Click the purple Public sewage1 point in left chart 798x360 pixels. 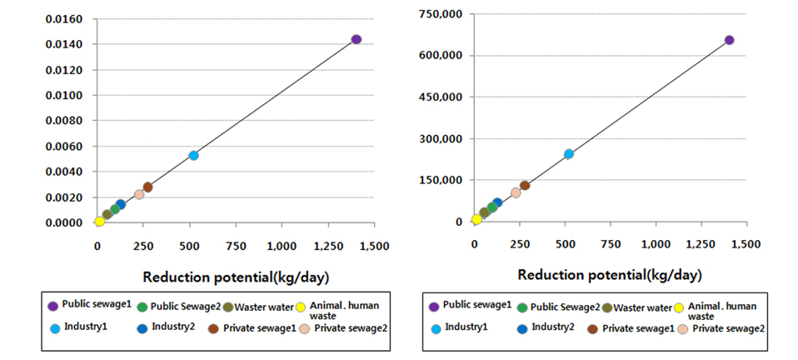356,39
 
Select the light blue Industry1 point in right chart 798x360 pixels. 569,154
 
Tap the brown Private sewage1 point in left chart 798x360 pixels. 147,187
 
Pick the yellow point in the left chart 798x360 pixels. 100,221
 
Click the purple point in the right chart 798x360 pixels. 729,40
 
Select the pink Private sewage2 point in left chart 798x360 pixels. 139,194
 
